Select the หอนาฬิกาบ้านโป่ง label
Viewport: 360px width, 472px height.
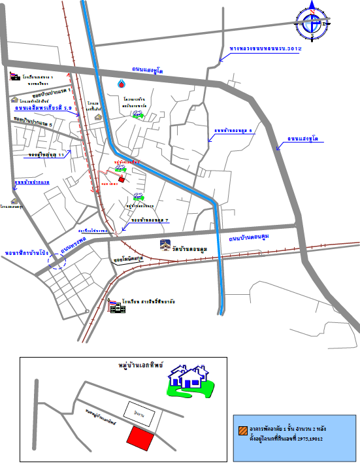(27, 251)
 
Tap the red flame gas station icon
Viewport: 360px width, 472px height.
(121, 84)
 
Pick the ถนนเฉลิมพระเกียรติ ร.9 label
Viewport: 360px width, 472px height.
(39, 109)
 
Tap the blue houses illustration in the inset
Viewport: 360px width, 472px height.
(190, 381)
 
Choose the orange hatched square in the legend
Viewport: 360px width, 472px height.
(243, 430)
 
